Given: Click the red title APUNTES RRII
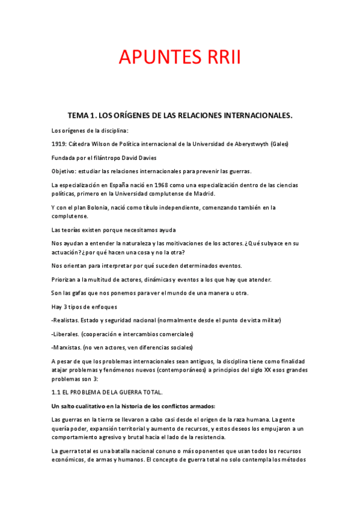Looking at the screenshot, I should tap(180, 58).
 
